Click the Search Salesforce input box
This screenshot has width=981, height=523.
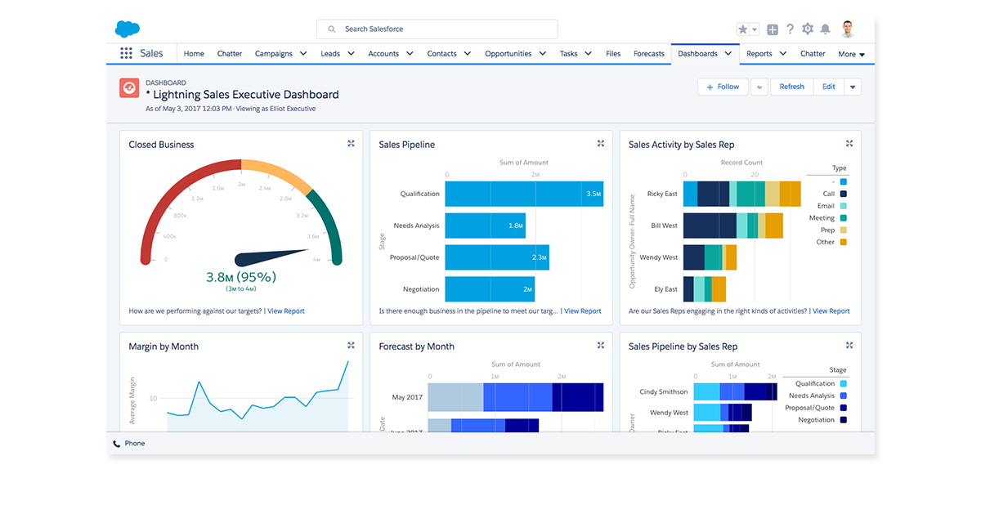pos(437,29)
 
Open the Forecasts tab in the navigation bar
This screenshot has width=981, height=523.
pos(649,54)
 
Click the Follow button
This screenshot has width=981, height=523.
pos(723,87)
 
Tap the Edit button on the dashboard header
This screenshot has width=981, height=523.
pos(829,87)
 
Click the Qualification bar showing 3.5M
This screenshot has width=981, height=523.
pos(524,194)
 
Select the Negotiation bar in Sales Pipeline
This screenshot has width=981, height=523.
pos(489,289)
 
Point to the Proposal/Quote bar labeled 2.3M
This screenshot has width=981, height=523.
pos(496,257)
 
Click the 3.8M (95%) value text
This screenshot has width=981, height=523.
pos(241,277)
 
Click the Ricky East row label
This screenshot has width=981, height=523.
pos(661,194)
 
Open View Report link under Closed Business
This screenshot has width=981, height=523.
pos(286,311)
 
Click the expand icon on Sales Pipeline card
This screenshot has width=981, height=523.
pos(600,144)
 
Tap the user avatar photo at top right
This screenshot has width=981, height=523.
pos(848,29)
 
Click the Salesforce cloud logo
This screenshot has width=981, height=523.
pos(128,29)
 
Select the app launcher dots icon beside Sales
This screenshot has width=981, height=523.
pos(126,54)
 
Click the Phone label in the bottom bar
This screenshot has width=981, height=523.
pos(135,444)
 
